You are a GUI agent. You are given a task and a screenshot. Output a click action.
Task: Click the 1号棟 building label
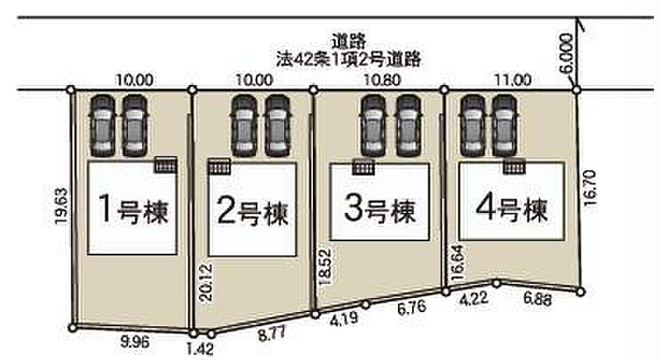134,210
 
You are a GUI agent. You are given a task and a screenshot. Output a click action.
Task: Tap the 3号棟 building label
380,208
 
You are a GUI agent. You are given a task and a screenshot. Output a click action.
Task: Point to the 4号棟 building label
511,208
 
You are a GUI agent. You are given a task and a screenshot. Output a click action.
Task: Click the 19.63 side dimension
62,206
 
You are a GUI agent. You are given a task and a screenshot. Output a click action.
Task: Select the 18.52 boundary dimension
326,266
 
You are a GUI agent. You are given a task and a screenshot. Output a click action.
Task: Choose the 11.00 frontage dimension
513,80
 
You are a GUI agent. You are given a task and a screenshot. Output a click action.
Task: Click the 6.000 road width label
567,54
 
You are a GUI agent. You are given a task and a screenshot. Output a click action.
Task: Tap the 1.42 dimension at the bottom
200,349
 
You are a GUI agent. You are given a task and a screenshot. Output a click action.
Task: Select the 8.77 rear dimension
271,334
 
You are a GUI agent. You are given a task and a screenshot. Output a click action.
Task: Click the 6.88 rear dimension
538,299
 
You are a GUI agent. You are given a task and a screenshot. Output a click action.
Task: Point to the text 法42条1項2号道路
349,59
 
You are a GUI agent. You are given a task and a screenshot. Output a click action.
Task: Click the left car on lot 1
103,125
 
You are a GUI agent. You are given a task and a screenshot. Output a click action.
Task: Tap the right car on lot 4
505,125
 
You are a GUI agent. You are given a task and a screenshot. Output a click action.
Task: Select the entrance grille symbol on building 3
364,167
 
